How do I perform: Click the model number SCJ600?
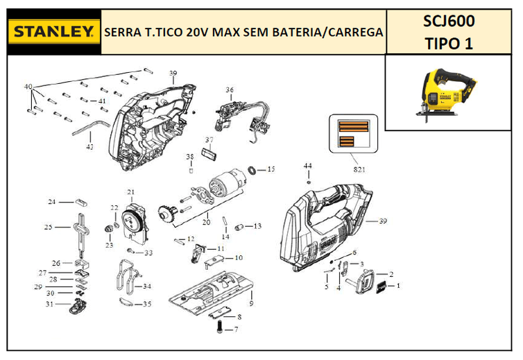(449, 22)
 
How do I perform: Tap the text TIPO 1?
(449, 44)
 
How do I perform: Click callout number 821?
(359, 169)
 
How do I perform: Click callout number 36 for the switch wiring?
(230, 89)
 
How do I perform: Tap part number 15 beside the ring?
(271, 169)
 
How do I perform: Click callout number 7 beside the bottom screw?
(236, 329)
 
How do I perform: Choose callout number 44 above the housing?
(308, 166)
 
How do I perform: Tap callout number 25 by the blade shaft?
(48, 227)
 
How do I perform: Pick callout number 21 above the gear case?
(130, 191)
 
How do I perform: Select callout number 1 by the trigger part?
(398, 285)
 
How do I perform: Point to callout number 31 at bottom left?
(49, 304)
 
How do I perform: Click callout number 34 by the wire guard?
(146, 286)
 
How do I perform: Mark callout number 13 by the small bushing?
(257, 226)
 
